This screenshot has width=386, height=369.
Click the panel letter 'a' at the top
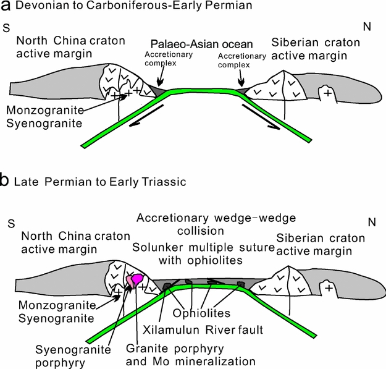click(x=6, y=7)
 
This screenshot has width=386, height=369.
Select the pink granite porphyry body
click(x=135, y=279)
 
